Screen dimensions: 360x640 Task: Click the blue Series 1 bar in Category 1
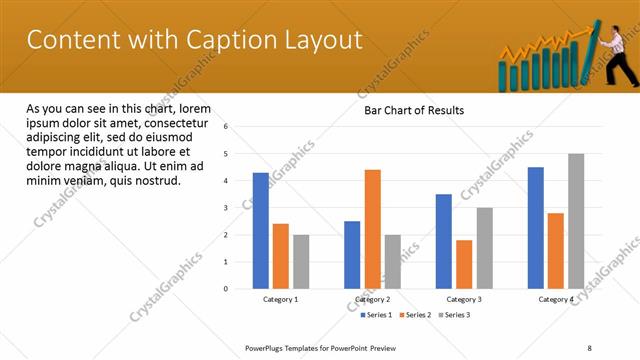coord(260,231)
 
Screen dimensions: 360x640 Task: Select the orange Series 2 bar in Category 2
coord(372,229)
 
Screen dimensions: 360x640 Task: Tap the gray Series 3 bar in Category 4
coord(576,221)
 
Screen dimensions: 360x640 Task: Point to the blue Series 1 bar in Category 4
coord(536,228)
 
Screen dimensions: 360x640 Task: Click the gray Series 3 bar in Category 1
coord(301,262)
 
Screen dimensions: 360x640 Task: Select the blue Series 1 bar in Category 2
coord(352,255)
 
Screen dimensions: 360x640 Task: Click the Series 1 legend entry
coord(376,315)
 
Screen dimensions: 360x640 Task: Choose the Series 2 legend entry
coord(416,315)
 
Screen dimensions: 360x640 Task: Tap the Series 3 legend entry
coord(455,315)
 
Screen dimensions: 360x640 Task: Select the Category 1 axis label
coord(280,299)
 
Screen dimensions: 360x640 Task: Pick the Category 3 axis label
coord(463,299)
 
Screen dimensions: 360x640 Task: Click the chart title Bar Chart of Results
coord(414,110)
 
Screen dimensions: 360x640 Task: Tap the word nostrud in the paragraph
coord(155,181)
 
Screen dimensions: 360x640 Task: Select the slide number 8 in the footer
coord(589,347)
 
